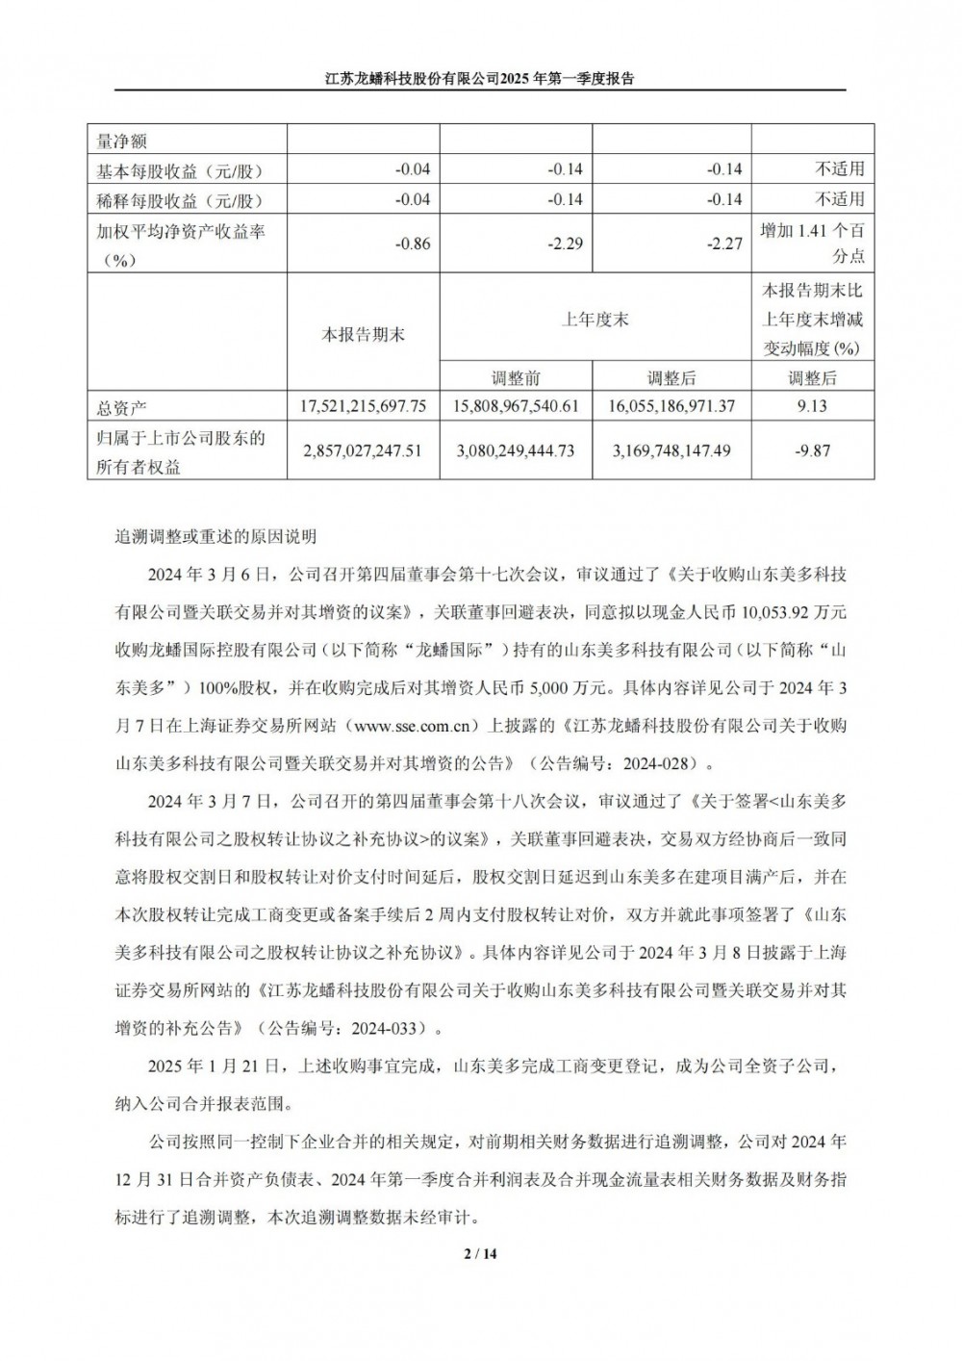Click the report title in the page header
[479, 79]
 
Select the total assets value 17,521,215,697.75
[364, 406]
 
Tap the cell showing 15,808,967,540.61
[516, 406]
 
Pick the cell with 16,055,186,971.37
[671, 406]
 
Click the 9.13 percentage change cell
[812, 406]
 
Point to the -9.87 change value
[812, 450]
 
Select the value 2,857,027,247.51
[364, 450]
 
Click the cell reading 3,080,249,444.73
[516, 450]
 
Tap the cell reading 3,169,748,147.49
[671, 450]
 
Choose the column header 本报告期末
[363, 334]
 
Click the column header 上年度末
[595, 320]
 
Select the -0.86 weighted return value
[413, 244]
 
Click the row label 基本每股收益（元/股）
[179, 170]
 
